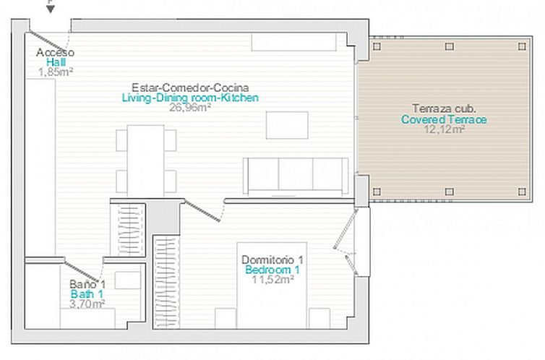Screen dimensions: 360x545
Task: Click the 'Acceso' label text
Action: pos(55,53)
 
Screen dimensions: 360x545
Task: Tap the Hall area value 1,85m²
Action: pos(56,72)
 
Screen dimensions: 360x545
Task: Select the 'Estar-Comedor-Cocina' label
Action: pos(190,87)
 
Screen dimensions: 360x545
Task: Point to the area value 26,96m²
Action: pos(190,107)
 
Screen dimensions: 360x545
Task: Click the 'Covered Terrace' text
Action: pos(444,120)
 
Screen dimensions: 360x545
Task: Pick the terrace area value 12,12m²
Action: pos(444,130)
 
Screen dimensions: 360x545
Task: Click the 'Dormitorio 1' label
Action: pos(272,260)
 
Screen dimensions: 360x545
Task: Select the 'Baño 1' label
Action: pos(87,285)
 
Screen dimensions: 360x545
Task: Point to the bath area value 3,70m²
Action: pos(87,304)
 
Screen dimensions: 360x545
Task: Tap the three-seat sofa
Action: pos(296,173)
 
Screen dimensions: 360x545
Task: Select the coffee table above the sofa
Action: pos(288,125)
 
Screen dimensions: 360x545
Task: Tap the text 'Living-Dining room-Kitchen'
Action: pos(190,98)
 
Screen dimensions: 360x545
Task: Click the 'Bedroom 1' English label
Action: pos(272,270)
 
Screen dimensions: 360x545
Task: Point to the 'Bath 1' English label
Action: pos(87,295)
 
